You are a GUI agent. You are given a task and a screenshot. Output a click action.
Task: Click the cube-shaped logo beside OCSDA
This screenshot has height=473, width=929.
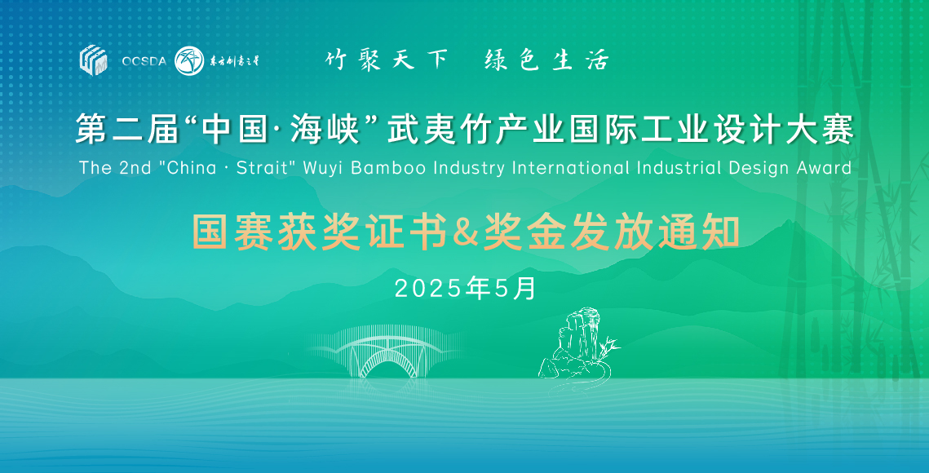(x=93, y=60)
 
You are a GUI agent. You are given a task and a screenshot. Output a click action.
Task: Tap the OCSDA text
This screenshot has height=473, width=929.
(x=144, y=61)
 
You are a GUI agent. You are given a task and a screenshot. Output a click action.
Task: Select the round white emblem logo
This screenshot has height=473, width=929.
(x=189, y=60)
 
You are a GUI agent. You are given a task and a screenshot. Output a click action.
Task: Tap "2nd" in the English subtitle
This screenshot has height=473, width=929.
(x=136, y=168)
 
